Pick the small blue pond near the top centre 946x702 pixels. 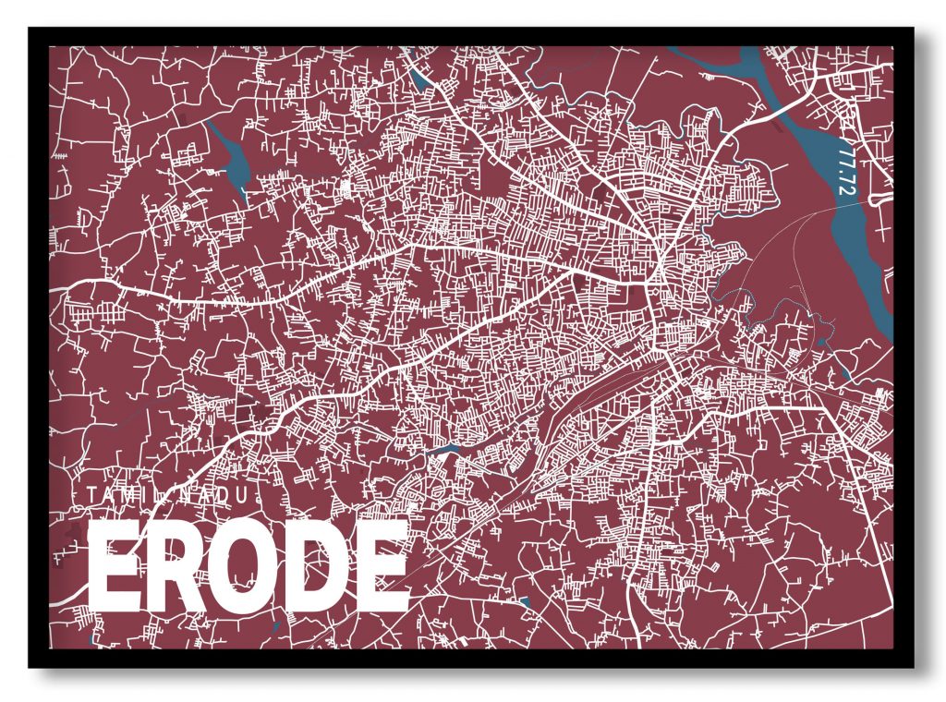click(x=421, y=79)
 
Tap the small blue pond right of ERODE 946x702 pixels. click(x=525, y=602)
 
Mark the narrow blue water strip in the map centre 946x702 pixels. click(x=448, y=449)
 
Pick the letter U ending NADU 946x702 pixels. click(x=242, y=496)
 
